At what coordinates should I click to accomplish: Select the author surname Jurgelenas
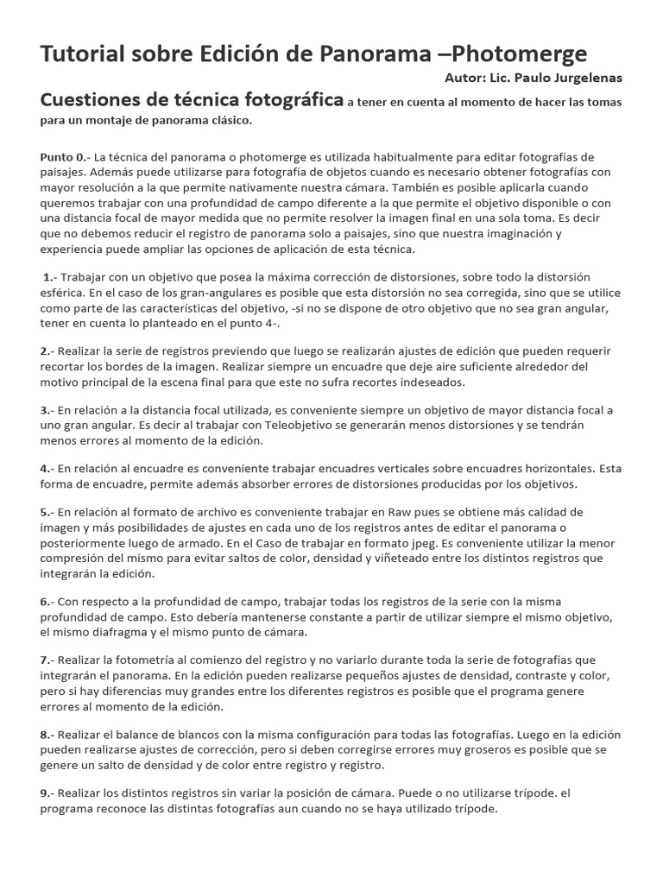(581, 78)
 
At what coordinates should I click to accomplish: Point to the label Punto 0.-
(64, 156)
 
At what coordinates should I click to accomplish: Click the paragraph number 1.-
(52, 276)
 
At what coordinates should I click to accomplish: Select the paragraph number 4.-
(47, 468)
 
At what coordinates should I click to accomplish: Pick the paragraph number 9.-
(47, 792)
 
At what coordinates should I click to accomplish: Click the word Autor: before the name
(465, 78)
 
